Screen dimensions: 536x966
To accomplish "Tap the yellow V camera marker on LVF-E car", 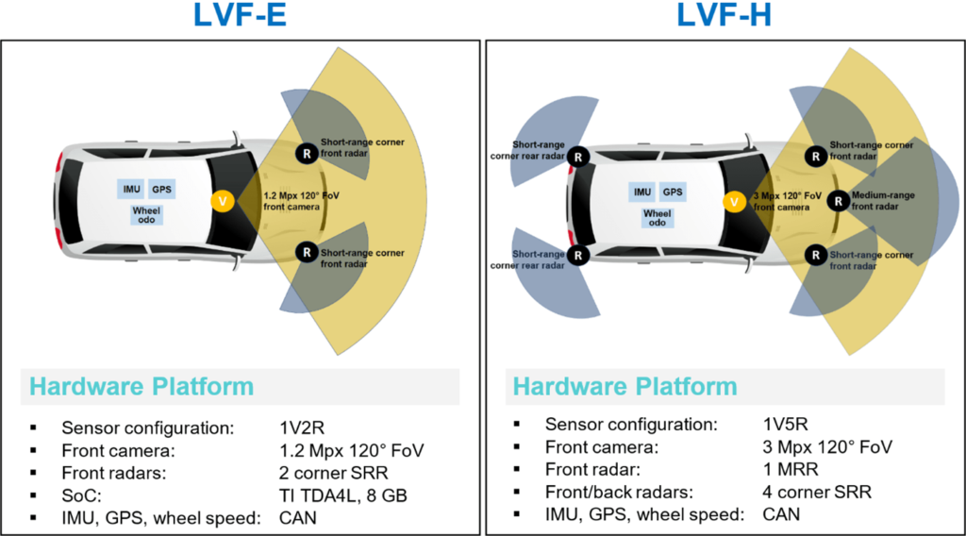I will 224,200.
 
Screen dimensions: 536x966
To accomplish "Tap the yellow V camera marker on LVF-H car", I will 734,201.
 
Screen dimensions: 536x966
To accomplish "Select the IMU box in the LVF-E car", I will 131,190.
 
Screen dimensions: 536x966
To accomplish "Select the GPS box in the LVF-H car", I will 673,192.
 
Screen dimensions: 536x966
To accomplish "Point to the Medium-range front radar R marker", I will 837,200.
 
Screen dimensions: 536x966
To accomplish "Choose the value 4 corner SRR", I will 817,492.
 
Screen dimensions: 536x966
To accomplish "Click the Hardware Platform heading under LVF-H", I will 625,386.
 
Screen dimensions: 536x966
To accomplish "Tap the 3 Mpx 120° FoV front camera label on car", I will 781,200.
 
